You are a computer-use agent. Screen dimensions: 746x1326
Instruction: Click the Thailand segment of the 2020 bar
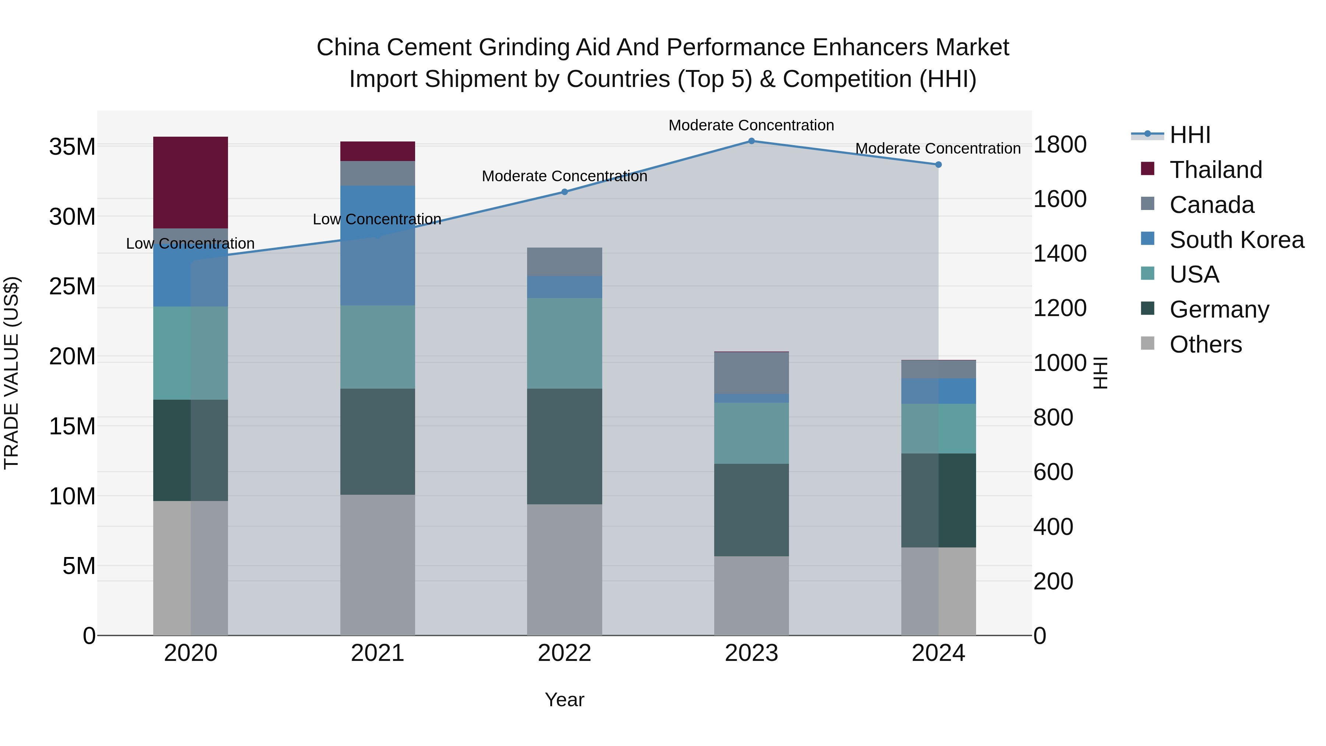[190, 182]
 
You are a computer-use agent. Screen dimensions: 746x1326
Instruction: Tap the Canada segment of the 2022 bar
[564, 262]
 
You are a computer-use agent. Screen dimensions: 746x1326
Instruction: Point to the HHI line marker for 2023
[751, 141]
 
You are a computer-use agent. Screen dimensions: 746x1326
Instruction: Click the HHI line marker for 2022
[564, 192]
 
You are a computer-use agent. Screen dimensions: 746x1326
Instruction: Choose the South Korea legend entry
[1235, 240]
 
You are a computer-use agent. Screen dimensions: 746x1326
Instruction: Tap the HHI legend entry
[1189, 135]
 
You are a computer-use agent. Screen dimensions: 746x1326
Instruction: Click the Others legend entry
[1204, 344]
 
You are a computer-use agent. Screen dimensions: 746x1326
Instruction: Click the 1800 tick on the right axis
[1060, 145]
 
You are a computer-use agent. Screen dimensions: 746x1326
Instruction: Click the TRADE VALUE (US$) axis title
[11, 373]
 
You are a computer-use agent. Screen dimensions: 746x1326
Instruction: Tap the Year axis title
[564, 700]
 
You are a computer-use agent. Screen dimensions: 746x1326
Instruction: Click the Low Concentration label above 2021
[377, 219]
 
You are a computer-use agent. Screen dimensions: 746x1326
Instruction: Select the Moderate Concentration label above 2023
[751, 125]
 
